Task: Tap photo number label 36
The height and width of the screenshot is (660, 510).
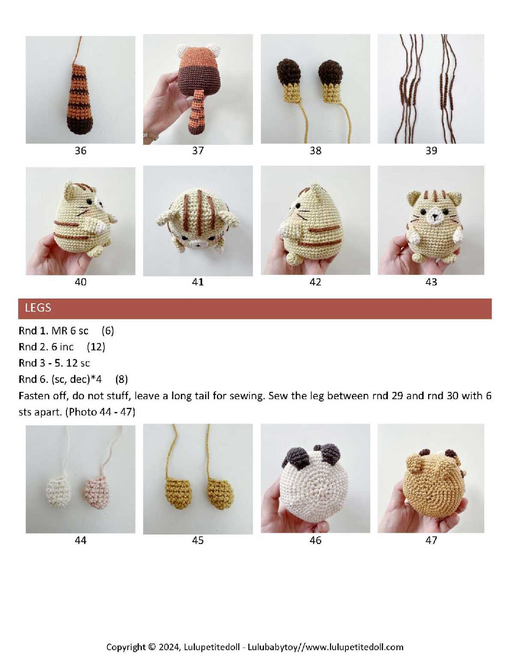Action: [81, 151]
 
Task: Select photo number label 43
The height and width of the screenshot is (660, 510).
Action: [431, 282]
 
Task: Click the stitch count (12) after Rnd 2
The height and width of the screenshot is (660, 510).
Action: [96, 347]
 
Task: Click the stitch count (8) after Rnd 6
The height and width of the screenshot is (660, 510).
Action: [122, 379]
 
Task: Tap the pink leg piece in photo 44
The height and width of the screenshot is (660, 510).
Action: [96, 492]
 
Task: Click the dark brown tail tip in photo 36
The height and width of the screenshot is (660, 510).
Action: [80, 122]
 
